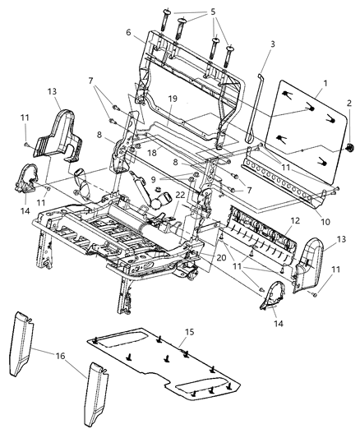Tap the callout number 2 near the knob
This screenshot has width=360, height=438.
(350, 104)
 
